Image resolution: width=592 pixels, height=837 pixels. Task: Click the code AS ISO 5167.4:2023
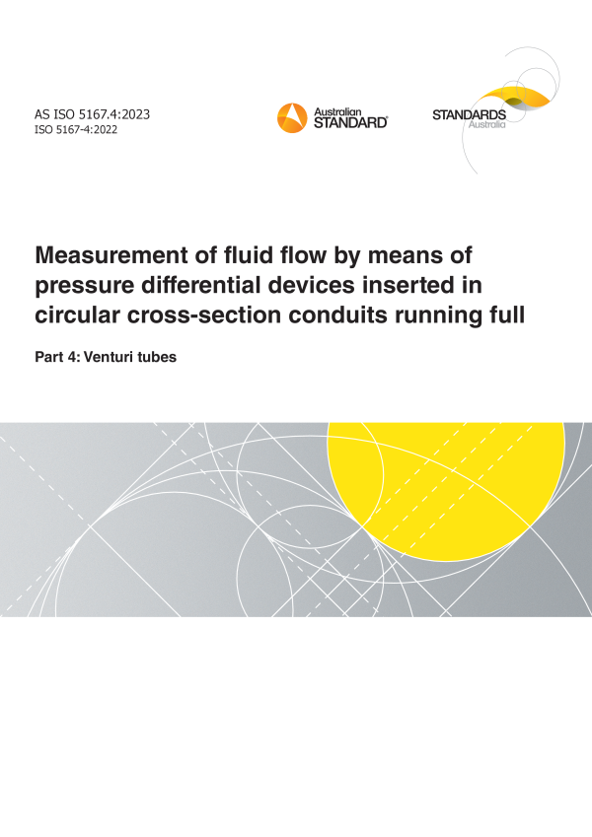[93, 114]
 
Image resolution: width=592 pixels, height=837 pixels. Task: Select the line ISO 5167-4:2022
[76, 130]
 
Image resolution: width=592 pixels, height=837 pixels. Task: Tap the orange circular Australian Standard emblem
[292, 118]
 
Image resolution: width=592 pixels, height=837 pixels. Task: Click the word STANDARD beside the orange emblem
[350, 123]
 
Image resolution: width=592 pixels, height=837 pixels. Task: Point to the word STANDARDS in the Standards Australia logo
[469, 114]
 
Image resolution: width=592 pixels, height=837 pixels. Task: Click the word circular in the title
[78, 314]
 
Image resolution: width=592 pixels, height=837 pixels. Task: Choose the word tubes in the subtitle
[157, 357]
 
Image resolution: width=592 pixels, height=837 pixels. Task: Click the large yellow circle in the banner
[446, 491]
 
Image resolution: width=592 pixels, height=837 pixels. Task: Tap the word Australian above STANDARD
[337, 112]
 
